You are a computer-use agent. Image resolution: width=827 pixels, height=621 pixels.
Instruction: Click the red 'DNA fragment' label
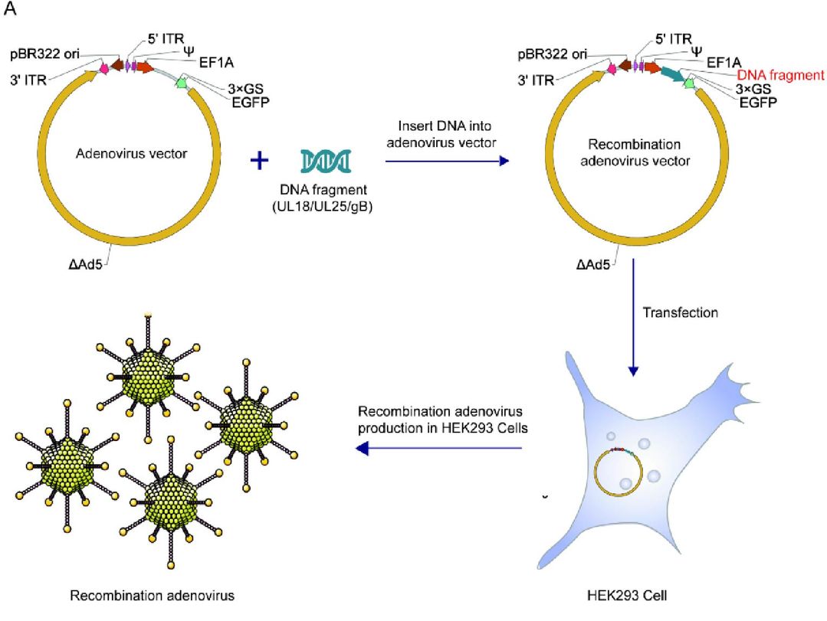[780, 75]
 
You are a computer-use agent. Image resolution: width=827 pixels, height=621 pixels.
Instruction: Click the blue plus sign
[261, 161]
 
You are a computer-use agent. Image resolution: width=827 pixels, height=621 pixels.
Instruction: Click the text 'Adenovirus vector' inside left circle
[132, 154]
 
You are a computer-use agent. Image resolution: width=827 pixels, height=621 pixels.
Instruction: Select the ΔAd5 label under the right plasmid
[590, 266]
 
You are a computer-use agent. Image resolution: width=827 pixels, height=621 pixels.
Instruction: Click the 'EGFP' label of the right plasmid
[756, 102]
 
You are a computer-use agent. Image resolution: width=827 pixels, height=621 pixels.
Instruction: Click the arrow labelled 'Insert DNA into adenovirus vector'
[448, 162]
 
